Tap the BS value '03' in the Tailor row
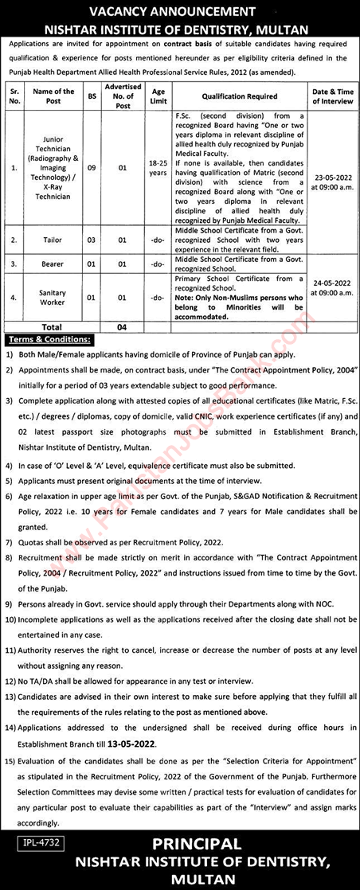coord(92,239)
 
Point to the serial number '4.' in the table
coord(13,298)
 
